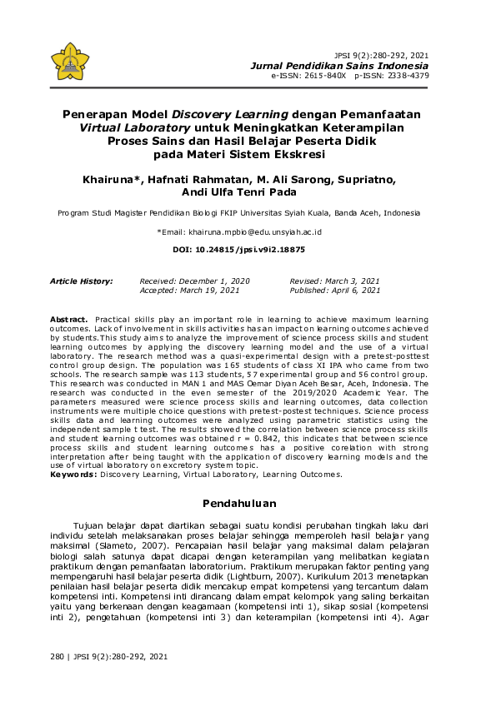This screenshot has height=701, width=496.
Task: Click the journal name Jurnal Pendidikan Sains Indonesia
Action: [x=340, y=65]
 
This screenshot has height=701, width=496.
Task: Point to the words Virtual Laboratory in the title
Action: [x=134, y=128]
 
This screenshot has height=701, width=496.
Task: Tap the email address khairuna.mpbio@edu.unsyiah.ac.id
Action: [x=255, y=231]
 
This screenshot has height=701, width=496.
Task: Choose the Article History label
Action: [x=82, y=281]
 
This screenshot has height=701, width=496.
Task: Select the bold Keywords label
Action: [x=74, y=475]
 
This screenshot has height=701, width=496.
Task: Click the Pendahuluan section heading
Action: [x=248, y=505]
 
